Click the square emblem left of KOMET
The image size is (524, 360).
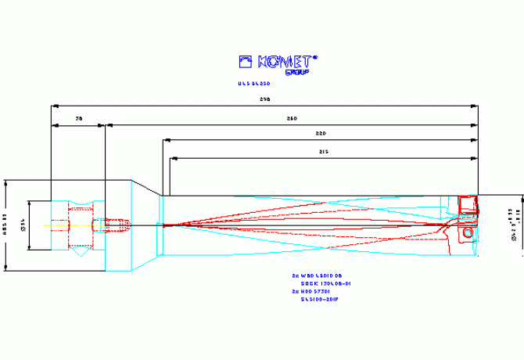246,61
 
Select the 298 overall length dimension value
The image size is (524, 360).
264,100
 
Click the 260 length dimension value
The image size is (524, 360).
292,119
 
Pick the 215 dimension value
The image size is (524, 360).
323,152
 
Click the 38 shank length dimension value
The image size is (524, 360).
78,119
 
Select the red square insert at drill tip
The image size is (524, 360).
468,205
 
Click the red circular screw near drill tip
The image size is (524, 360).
468,232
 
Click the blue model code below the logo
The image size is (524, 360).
253,82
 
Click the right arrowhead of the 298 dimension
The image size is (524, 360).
475,105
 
